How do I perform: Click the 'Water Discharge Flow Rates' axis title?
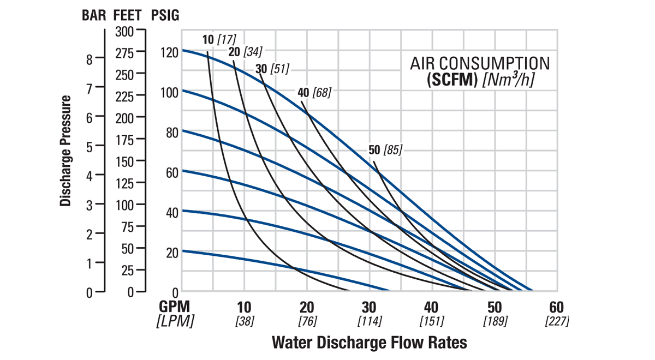tap(370, 343)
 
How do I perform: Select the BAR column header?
tap(94, 15)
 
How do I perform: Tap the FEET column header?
tap(128, 15)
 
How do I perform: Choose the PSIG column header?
tap(164, 15)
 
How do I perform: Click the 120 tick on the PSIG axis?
tap(169, 52)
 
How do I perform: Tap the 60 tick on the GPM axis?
tap(556, 307)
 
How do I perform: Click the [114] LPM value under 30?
tap(370, 321)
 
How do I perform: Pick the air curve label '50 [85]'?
tap(385, 150)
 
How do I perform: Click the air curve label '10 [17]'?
tap(218, 39)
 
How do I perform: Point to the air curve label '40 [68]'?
tap(314, 92)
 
